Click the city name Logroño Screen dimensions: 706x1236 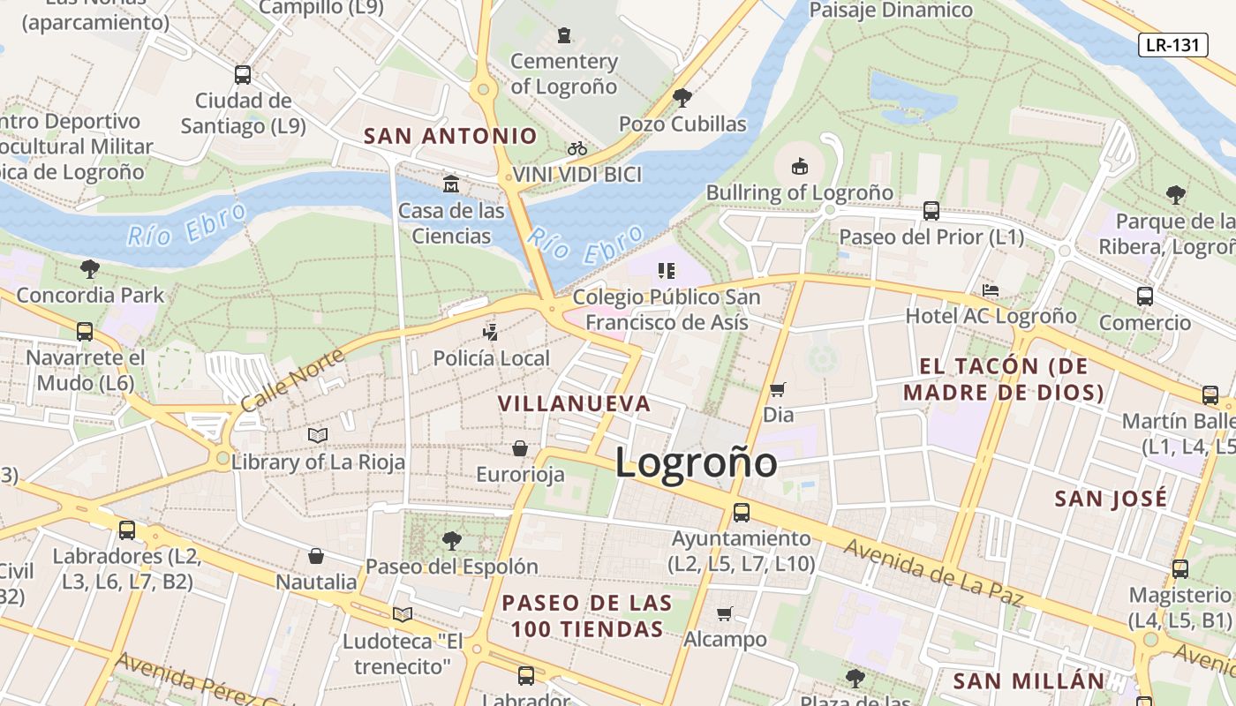coord(696,462)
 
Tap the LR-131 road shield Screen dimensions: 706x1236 coord(1172,45)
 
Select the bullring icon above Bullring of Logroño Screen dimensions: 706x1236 coord(799,165)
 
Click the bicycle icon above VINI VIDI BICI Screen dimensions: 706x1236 coord(577,148)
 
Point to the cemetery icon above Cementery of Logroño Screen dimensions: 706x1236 coord(564,35)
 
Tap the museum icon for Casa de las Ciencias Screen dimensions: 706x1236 coord(451,184)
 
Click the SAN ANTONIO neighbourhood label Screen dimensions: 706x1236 coord(450,136)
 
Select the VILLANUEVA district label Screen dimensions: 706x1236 coord(574,404)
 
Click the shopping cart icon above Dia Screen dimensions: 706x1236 coord(778,389)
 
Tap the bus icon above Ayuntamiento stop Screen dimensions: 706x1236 coord(742,512)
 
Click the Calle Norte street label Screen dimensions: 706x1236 coord(280,377)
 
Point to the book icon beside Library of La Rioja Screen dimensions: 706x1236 coord(318,435)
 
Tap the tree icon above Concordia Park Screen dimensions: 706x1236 coord(89,268)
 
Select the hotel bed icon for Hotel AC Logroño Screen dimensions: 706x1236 coord(991,290)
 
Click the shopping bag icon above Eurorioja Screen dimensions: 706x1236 coord(520,448)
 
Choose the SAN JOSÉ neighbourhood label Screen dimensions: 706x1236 coord(1111,499)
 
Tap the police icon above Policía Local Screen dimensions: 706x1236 coord(490,333)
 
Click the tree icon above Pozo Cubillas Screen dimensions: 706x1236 coord(682,97)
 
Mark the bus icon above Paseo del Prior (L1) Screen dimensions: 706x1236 coord(931,211)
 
